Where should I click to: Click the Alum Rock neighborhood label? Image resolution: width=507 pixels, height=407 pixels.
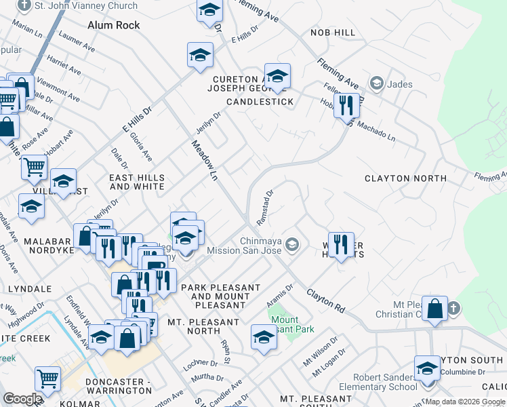[114, 25]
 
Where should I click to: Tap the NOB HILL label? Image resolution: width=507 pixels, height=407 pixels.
[333, 33]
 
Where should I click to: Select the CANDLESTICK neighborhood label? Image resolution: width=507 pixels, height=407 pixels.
[260, 102]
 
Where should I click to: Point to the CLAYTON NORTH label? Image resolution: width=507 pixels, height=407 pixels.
[405, 178]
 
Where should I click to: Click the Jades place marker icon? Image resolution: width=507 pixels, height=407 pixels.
[376, 84]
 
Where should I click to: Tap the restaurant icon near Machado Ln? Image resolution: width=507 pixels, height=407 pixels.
[346, 104]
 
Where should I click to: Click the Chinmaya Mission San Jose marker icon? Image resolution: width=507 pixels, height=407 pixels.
[292, 244]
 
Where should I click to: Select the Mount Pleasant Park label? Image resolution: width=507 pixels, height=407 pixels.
[292, 324]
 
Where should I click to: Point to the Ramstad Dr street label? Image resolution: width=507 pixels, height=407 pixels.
[264, 208]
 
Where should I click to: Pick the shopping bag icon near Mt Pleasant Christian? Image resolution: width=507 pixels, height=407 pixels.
[435, 308]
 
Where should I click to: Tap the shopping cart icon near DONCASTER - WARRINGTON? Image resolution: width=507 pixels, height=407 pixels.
[47, 380]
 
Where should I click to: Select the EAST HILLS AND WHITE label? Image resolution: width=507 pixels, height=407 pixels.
[137, 182]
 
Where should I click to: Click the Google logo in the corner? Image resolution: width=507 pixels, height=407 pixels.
[22, 399]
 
